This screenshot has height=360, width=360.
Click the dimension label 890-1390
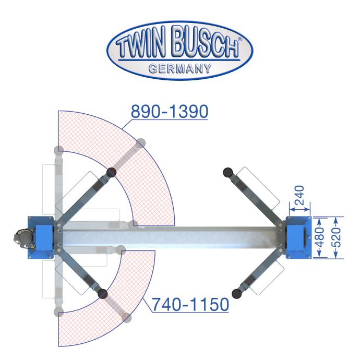pyautogui.click(x=170, y=111)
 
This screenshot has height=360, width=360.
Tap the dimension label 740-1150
pyautogui.click(x=190, y=304)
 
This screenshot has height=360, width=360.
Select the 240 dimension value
pyautogui.click(x=299, y=195)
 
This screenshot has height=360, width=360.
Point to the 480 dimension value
pyautogui.click(x=320, y=237)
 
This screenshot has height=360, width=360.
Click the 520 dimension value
pyautogui.click(x=337, y=237)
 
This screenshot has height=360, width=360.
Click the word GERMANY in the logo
pyautogui.click(x=180, y=68)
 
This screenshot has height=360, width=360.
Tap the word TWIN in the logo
pyautogui.click(x=141, y=46)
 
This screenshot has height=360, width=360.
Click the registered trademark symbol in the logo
pyautogui.click(x=239, y=39)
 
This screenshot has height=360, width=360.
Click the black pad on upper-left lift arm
pyautogui.click(x=112, y=172)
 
